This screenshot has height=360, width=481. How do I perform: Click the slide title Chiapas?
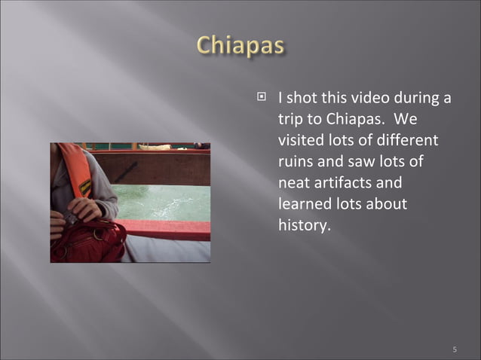pyautogui.click(x=240, y=46)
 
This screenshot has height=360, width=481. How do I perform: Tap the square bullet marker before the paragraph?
pyautogui.click(x=262, y=97)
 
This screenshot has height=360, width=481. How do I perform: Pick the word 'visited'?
pyautogui.click(x=299, y=140)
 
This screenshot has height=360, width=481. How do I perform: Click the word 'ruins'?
pyautogui.click(x=296, y=161)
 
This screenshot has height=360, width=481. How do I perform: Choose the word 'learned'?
pyautogui.click(x=305, y=204)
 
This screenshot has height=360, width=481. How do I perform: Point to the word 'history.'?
pyautogui.click(x=304, y=225)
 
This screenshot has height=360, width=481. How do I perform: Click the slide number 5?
pyautogui.click(x=455, y=349)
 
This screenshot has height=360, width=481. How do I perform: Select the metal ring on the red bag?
pyautogui.click(x=69, y=218)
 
